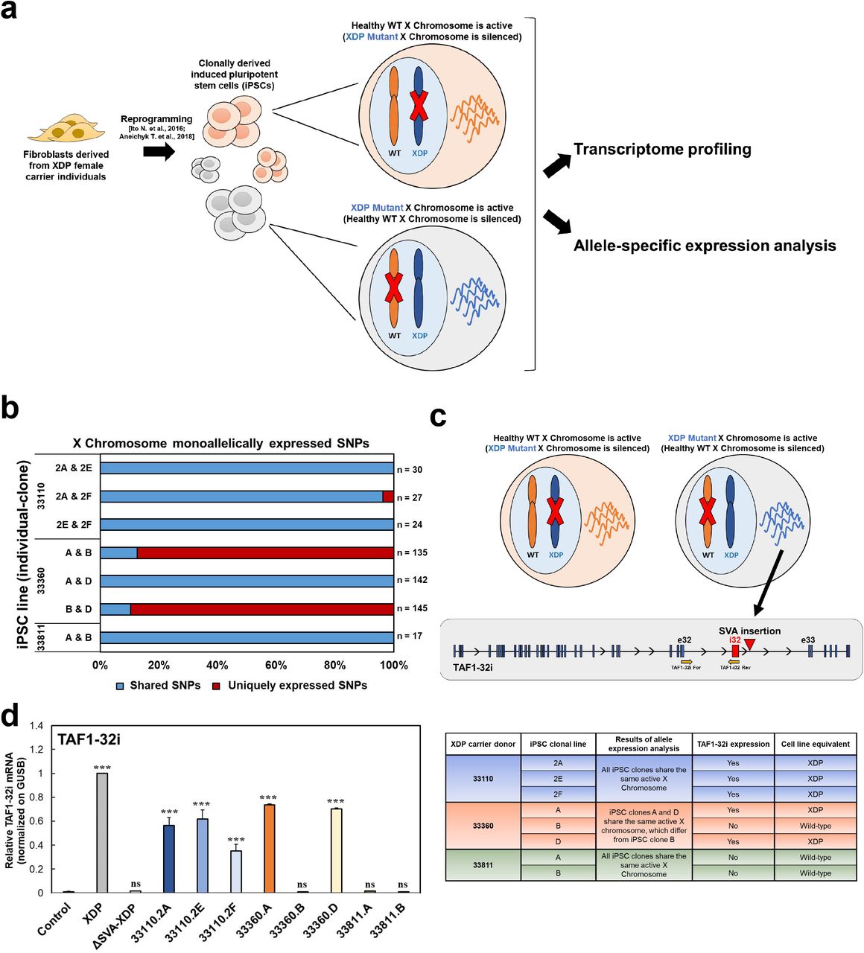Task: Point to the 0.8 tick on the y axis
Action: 36,797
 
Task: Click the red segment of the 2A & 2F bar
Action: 387,497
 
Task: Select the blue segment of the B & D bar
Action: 115,609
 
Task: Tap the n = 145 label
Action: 412,608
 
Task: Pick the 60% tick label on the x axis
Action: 276,665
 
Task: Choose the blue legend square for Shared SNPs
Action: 119,685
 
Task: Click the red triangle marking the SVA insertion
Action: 749,644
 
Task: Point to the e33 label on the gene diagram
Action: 807,640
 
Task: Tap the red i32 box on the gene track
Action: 735,651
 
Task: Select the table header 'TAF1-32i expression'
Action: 733,744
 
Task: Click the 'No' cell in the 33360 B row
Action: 733,826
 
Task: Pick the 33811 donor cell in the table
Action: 483,865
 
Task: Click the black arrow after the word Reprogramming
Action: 158,151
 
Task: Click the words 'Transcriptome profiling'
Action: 662,149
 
